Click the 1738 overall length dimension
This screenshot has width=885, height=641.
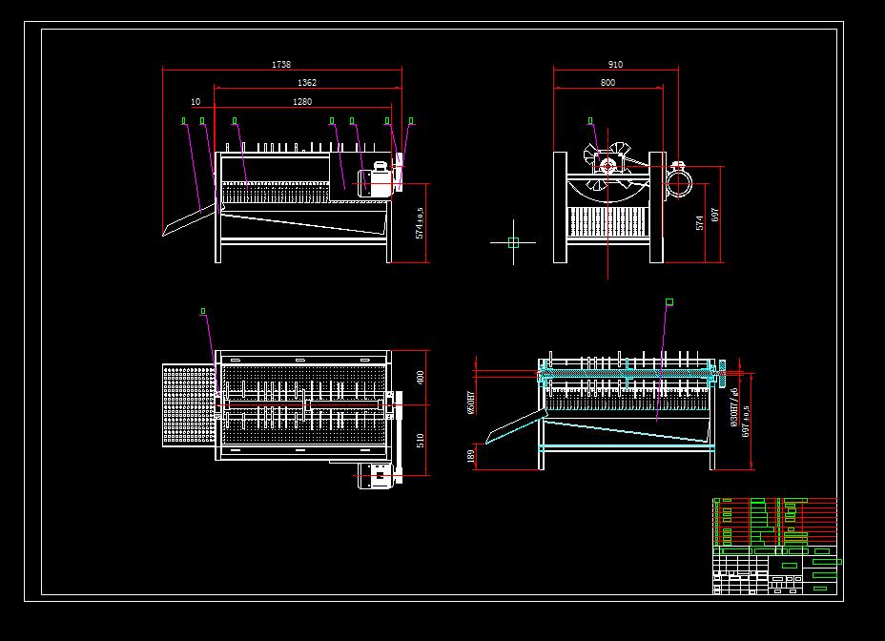[281, 65]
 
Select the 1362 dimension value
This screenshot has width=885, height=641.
[306, 83]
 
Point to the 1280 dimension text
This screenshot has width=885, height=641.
[302, 101]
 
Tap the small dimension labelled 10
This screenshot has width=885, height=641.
[196, 101]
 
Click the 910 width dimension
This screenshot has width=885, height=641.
[615, 65]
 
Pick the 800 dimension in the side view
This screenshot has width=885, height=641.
[608, 83]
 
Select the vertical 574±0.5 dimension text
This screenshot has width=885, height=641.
[420, 220]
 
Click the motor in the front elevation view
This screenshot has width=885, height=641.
[374, 181]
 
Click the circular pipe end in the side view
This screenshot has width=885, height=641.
[678, 180]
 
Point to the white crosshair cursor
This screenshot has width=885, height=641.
[513, 242]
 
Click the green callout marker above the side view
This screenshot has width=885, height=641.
[590, 121]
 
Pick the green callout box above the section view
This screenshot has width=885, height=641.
[669, 302]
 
